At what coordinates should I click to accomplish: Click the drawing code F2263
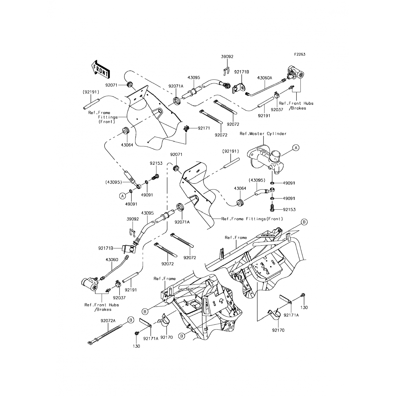pyautogui.click(x=300, y=54)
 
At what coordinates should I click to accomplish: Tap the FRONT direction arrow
pyautogui.click(x=100, y=69)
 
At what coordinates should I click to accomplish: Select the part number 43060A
pyautogui.click(x=265, y=78)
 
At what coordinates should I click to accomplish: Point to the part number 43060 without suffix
pyautogui.click(x=112, y=260)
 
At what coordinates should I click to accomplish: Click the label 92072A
pyautogui.click(x=108, y=321)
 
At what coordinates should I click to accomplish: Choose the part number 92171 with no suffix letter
pyautogui.click(x=204, y=128)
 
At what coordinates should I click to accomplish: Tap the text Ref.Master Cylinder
pyautogui.click(x=263, y=134)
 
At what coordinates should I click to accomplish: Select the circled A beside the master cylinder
pyautogui.click(x=296, y=148)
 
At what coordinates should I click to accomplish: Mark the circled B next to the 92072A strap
pyautogui.click(x=131, y=320)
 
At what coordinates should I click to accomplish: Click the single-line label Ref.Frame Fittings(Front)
pyautogui.click(x=252, y=219)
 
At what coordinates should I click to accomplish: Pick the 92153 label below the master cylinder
pyautogui.click(x=289, y=210)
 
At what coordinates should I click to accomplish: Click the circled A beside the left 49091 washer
pyautogui.click(x=122, y=196)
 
